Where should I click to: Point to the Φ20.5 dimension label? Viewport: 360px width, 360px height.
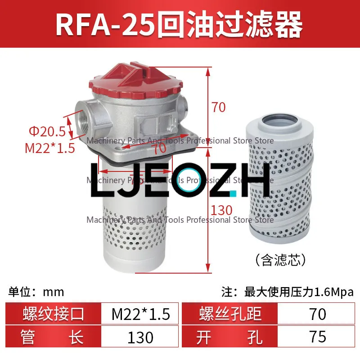[47, 132]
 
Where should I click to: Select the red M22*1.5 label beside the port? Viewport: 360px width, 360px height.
[49, 148]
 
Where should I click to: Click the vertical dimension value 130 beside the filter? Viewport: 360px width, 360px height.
[222, 210]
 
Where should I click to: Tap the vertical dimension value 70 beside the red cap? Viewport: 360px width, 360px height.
[218, 107]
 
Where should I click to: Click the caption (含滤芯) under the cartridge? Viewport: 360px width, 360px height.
[281, 260]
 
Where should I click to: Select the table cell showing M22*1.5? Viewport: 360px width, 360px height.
[141, 314]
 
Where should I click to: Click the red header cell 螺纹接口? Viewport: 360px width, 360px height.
[53, 314]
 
